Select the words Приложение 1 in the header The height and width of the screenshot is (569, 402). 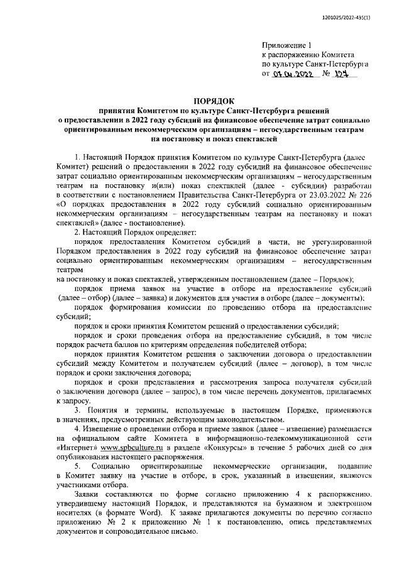click(286, 45)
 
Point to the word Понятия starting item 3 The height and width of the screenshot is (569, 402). click(103, 411)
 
